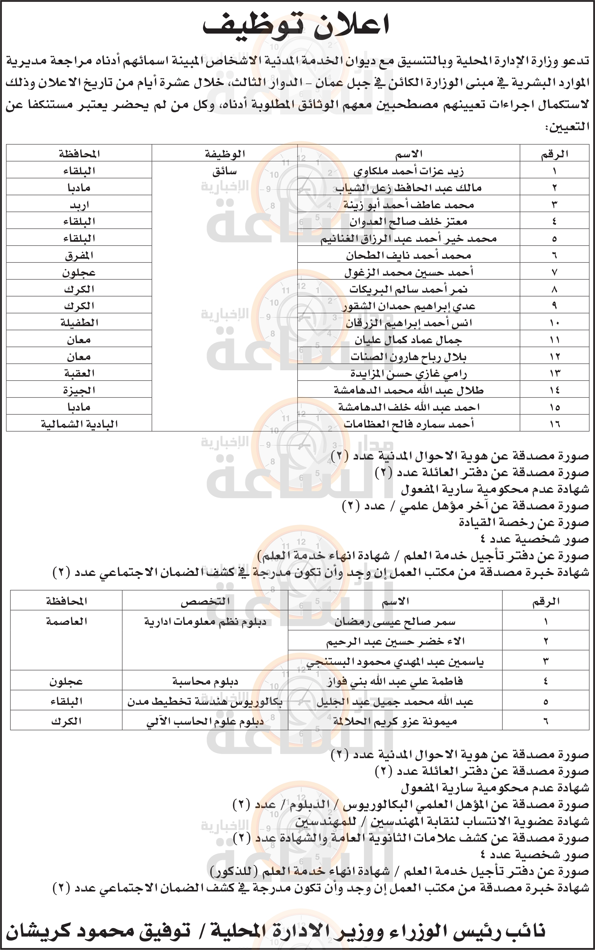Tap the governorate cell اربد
(79, 205)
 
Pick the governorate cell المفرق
(79, 256)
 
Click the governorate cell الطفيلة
(79, 323)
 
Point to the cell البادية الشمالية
(79, 424)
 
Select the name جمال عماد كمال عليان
(409, 340)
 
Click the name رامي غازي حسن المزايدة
(409, 373)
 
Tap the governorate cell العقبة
(79, 373)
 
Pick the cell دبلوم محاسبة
(205, 681)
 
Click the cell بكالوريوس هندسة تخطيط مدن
(205, 702)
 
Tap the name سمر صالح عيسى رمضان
(395, 622)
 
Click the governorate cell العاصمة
(67, 621)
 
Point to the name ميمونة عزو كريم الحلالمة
(395, 721)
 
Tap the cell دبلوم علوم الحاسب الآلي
(205, 722)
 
